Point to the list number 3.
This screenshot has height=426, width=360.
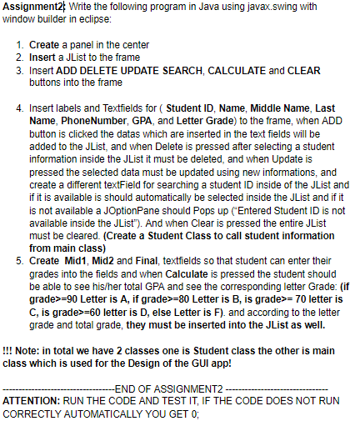(x=19, y=70)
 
